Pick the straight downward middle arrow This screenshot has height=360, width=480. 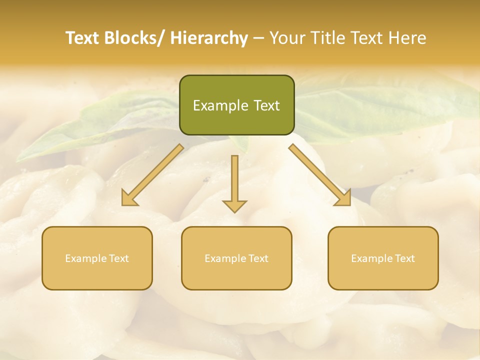pyautogui.click(x=234, y=182)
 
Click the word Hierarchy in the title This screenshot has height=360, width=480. pyautogui.click(x=209, y=38)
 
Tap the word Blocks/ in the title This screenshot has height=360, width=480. pyautogui.click(x=138, y=38)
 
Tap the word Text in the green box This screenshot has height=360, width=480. pyautogui.click(x=266, y=105)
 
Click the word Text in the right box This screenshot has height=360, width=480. pyautogui.click(x=404, y=258)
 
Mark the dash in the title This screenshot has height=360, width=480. pyautogui.click(x=259, y=38)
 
